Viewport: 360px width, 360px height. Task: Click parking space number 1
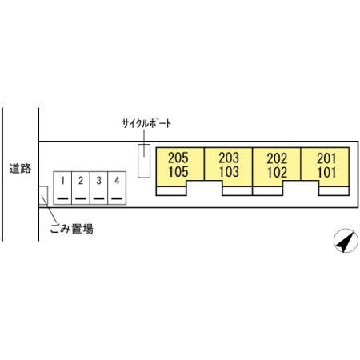62,188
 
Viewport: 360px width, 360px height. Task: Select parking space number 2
81,188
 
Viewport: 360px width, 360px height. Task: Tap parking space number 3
99,188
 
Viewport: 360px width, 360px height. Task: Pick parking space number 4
117,188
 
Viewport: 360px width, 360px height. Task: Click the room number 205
178,158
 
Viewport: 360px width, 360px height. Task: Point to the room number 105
178,172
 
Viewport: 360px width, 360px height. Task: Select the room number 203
229,158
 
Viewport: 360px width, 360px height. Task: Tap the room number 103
229,172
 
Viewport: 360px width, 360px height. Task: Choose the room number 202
277,158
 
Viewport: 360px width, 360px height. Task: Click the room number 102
277,172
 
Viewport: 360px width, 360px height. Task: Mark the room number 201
326,158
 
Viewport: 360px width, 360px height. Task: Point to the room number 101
326,172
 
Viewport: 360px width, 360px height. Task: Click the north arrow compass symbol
346,241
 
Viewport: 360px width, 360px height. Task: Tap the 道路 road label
20,169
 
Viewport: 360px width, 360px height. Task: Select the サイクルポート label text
146,123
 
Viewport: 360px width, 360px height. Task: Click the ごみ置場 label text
72,229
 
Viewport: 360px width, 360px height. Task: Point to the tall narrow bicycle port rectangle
144,161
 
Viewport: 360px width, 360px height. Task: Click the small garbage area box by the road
43,195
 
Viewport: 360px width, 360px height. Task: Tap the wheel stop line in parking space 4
117,198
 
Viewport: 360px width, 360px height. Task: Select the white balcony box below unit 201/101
334,191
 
